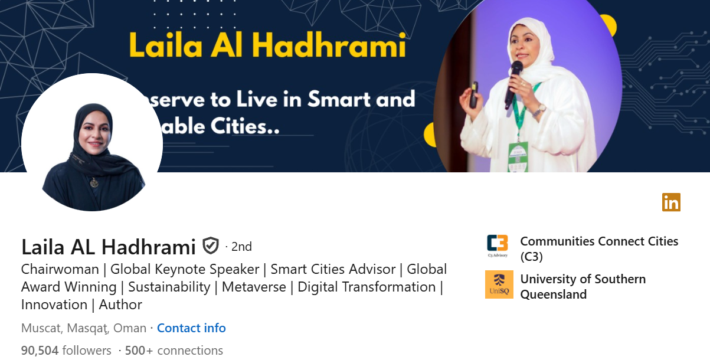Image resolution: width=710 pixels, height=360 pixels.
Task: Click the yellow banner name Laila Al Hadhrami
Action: click(267, 45)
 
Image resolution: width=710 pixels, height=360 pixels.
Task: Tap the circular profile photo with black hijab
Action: click(92, 143)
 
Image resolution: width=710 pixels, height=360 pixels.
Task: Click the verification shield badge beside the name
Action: click(211, 246)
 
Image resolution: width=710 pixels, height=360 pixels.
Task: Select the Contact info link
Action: click(191, 328)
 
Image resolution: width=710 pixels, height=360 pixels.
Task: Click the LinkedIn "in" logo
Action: click(671, 202)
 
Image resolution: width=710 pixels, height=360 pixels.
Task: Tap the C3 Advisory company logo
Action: click(498, 246)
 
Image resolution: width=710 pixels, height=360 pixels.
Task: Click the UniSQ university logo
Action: click(499, 284)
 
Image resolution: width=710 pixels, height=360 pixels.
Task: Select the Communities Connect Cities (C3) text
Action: click(598, 248)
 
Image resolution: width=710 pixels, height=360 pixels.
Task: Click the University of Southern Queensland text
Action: click(583, 286)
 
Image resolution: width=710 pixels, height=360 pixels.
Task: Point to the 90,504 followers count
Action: click(66, 351)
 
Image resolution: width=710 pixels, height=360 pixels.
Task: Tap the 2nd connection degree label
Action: click(241, 246)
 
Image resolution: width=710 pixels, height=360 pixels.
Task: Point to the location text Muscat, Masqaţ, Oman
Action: click(84, 328)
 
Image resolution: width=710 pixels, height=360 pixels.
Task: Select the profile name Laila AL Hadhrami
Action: click(109, 246)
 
